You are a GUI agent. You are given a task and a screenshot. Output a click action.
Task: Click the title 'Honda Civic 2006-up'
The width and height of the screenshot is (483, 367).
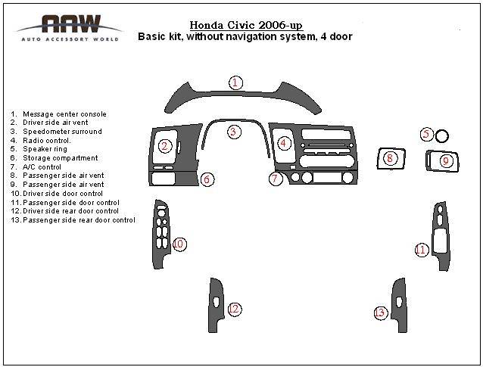(246, 25)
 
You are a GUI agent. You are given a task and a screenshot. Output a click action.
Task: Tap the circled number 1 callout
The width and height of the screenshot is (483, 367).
(235, 82)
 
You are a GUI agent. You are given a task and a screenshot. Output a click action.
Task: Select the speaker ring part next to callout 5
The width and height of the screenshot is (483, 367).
(442, 135)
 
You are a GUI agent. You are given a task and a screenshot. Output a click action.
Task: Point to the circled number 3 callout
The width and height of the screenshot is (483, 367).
(234, 132)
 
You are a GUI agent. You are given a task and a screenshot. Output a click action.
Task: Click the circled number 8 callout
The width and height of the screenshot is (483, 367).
(390, 158)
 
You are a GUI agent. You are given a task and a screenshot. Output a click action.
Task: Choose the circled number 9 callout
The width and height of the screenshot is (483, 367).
(446, 160)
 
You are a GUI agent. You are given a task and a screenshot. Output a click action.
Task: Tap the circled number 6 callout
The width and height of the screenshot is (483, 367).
(207, 179)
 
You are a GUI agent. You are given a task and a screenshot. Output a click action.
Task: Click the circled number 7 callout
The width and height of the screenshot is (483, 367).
(275, 179)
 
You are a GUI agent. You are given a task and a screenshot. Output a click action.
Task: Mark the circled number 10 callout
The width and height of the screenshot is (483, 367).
(179, 244)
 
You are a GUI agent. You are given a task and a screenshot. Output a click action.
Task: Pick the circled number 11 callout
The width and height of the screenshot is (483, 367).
(421, 250)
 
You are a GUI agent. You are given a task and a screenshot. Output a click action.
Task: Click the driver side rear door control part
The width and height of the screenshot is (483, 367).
(216, 305)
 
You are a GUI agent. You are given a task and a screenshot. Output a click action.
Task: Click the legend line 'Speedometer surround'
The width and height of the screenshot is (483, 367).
(56, 132)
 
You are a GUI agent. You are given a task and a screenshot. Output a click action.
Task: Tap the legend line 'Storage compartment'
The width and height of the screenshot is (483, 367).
(54, 158)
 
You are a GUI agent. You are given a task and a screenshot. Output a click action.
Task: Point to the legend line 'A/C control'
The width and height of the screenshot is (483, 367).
(36, 167)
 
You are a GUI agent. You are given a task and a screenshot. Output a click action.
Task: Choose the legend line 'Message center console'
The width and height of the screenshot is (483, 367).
(58, 114)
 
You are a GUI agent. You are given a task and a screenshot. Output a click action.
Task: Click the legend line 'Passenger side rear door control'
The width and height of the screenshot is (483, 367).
(73, 220)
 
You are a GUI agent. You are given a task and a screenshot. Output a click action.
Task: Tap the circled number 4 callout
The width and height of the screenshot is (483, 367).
(283, 143)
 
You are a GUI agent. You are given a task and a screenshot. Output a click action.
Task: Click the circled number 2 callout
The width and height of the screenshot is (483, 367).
(165, 146)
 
